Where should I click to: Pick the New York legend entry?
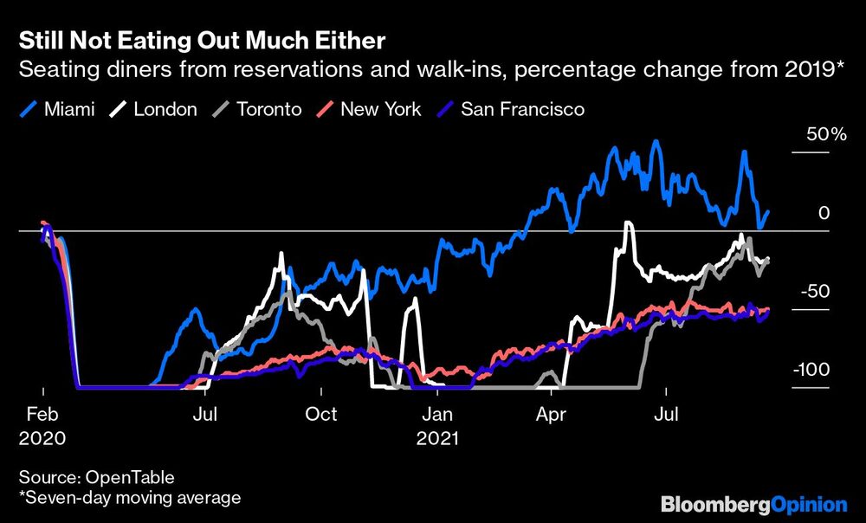[x=380, y=109]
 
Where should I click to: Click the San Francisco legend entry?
[x=522, y=109]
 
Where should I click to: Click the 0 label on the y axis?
[x=824, y=213]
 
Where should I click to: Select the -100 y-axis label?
[x=811, y=370]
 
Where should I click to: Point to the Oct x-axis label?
[x=321, y=416]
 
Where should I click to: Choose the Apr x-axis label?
[x=552, y=416]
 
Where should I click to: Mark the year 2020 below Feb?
[x=42, y=438]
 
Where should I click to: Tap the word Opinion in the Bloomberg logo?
[x=810, y=504]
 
